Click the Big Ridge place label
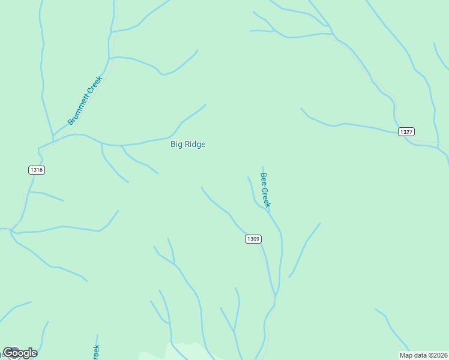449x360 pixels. tap(188, 144)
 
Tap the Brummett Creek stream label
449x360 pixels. tap(85, 100)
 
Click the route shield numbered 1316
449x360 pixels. tap(37, 170)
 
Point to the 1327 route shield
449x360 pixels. tap(406, 131)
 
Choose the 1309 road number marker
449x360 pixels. tap(253, 239)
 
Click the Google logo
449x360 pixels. tap(20, 353)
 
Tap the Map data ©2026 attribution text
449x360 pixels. tap(423, 355)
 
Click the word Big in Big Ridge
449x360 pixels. tap(177, 144)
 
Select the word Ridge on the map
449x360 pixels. tap(195, 144)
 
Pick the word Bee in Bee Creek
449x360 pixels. tap(263, 179)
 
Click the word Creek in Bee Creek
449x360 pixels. tap(267, 197)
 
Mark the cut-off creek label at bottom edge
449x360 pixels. tap(95, 352)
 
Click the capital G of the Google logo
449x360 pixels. tap(8, 353)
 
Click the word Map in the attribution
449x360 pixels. tap(406, 355)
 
